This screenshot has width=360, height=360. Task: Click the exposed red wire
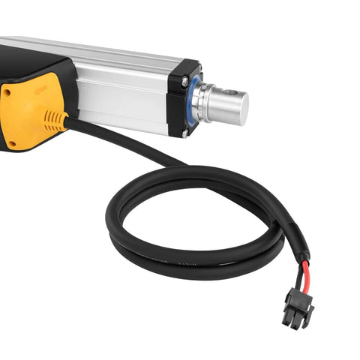coord(304,274)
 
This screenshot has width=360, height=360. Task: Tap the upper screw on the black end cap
coord(184,79)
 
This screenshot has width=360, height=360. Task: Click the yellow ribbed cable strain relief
coord(55,121)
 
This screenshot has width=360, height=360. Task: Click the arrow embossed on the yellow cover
coord(37,91)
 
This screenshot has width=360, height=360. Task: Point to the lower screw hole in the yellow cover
coord(10,143)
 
